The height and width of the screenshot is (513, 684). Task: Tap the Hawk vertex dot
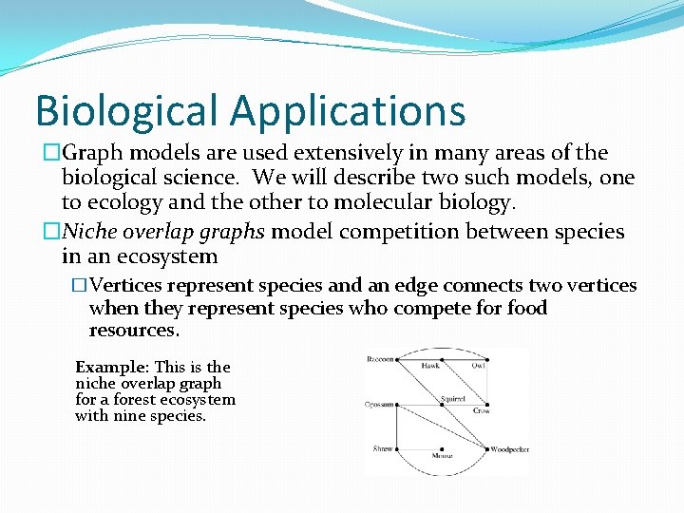pos(441,359)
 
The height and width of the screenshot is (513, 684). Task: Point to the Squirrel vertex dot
pos(441,405)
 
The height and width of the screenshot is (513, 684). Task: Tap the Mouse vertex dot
pos(441,448)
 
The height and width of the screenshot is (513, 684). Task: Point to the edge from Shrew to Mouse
pos(420,448)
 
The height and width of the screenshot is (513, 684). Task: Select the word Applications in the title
pos(348,110)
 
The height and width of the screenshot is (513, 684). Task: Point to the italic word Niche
pos(88,232)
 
